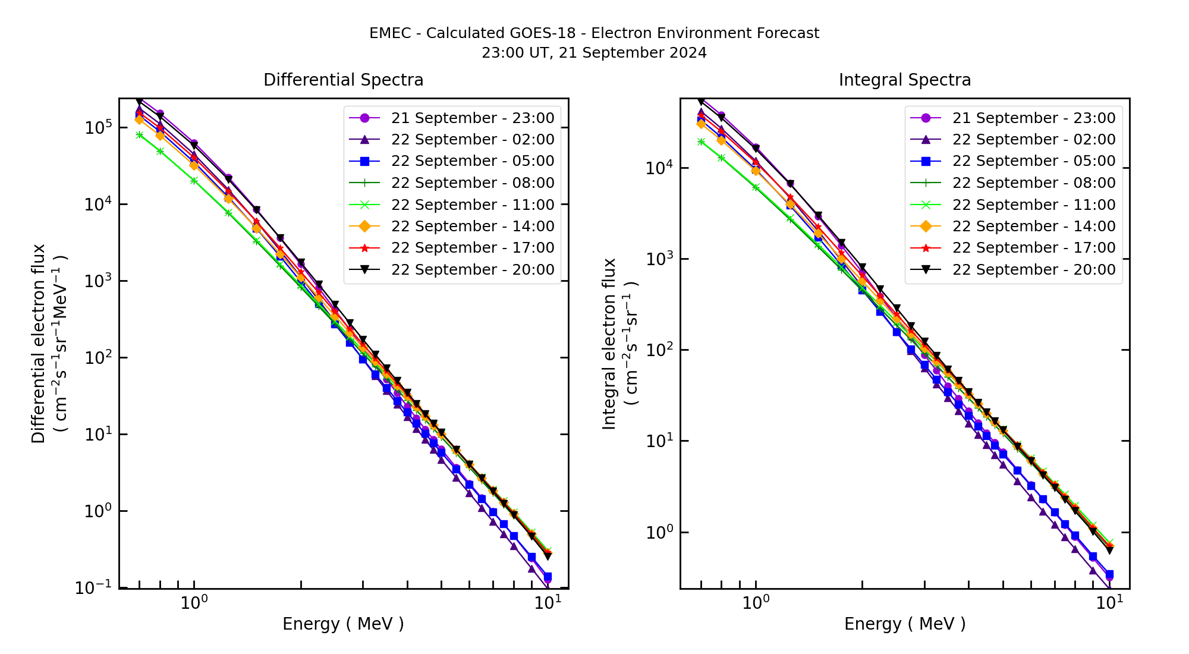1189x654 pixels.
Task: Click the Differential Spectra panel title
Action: tap(343, 80)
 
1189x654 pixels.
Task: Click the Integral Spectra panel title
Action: tap(904, 80)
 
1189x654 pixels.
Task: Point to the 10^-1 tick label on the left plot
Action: tap(94, 587)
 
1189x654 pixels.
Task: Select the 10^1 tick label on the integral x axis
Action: tap(1109, 602)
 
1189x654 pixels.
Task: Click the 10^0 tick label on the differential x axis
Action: tap(194, 602)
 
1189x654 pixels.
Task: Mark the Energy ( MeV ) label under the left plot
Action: tap(343, 624)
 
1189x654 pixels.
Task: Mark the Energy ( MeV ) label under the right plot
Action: tap(904, 624)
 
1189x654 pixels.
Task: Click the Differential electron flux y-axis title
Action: tap(39, 343)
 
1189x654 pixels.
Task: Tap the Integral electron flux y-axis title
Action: tap(611, 343)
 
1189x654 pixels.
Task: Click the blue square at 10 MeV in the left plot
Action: tap(548, 577)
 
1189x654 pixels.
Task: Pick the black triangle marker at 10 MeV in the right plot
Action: tap(1109, 551)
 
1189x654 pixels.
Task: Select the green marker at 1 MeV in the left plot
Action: tap(194, 181)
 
